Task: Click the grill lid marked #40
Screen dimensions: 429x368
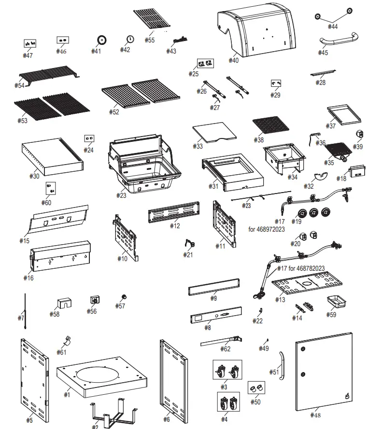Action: [x=256, y=32]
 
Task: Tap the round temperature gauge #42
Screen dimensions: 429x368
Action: [x=130, y=39]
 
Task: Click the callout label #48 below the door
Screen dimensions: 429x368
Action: [x=315, y=415]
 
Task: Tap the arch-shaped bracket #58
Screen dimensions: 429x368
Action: [x=63, y=303]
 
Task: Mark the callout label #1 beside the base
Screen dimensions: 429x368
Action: [x=67, y=395]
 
